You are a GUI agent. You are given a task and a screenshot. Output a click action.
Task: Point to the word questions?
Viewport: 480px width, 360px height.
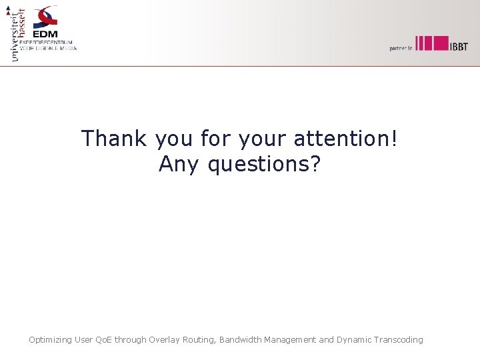click(264, 163)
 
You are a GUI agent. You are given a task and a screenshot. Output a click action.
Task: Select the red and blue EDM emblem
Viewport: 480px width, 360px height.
click(47, 16)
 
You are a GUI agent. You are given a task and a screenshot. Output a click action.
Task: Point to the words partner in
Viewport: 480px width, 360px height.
click(401, 47)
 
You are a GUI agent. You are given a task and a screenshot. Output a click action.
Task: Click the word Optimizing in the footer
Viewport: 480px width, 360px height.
click(50, 340)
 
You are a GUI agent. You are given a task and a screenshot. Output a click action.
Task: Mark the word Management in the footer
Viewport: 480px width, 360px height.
click(290, 340)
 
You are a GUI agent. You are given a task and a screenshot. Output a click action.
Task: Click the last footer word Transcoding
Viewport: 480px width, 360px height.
click(399, 340)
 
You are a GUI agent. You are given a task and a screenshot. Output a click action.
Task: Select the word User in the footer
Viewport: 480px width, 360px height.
click(84, 340)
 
